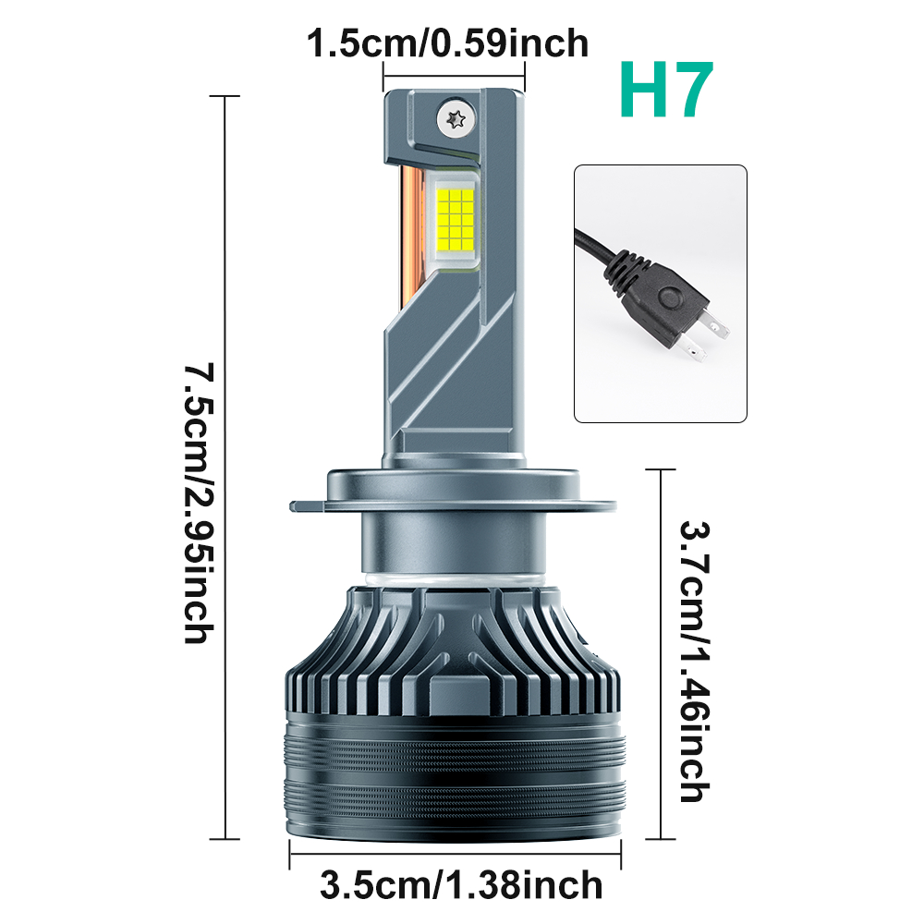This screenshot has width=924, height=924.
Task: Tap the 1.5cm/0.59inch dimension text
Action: click(448, 43)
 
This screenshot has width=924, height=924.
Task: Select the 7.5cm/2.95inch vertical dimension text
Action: click(199, 503)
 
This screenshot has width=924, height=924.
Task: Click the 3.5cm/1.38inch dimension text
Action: click(461, 885)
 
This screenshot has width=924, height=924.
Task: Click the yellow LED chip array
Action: click(456, 219)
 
